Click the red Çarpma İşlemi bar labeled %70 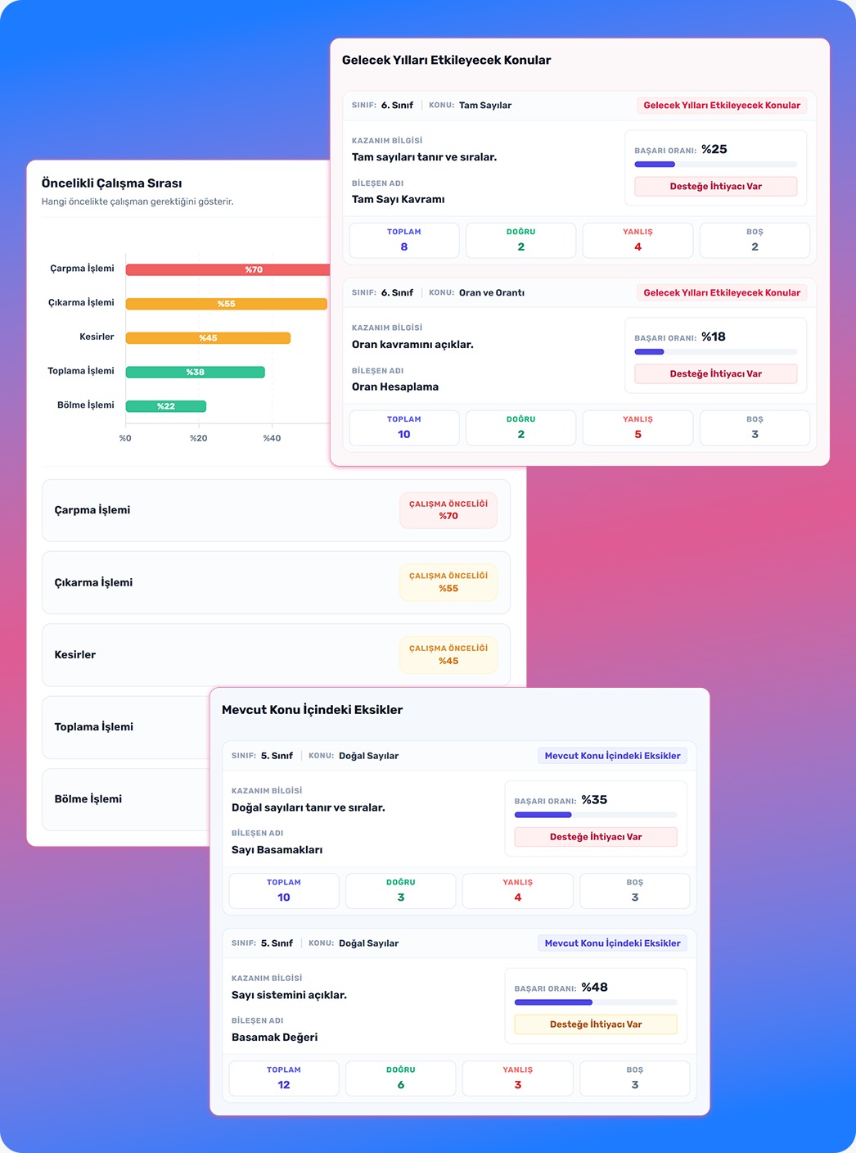pyautogui.click(x=228, y=269)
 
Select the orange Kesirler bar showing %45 pyautogui.click(x=208, y=338)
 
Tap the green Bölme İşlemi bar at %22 pyautogui.click(x=166, y=406)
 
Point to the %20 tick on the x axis pyautogui.click(x=199, y=438)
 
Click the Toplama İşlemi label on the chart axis pyautogui.click(x=80, y=371)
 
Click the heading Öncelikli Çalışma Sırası pyautogui.click(x=112, y=183)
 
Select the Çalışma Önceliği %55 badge pyautogui.click(x=448, y=582)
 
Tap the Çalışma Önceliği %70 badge pyautogui.click(x=448, y=510)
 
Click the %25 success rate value pyautogui.click(x=714, y=149)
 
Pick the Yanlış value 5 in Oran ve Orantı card pyautogui.click(x=637, y=434)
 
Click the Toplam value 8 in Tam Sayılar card pyautogui.click(x=403, y=247)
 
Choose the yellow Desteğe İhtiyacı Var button pyautogui.click(x=596, y=1024)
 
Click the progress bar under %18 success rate pyautogui.click(x=716, y=352)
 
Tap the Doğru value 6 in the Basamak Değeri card pyautogui.click(x=401, y=1085)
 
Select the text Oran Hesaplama pyautogui.click(x=395, y=387)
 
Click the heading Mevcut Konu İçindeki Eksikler pyautogui.click(x=313, y=710)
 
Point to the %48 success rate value pyautogui.click(x=595, y=987)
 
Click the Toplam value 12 pyautogui.click(x=284, y=1085)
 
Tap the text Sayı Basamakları pyautogui.click(x=277, y=850)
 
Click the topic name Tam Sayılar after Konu pyautogui.click(x=485, y=106)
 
